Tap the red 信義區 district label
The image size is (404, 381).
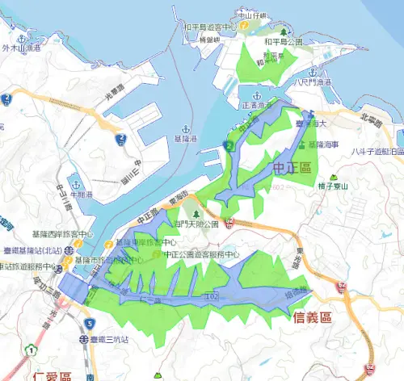click(309, 318)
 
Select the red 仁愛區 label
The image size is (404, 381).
click(53, 376)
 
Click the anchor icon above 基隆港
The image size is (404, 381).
click(186, 129)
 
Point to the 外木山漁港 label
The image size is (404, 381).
click(22, 48)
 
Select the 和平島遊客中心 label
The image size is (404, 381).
click(210, 27)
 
